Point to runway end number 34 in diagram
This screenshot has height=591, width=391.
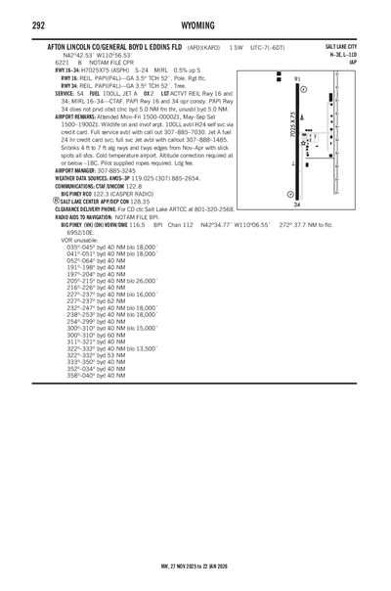tap(296, 205)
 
